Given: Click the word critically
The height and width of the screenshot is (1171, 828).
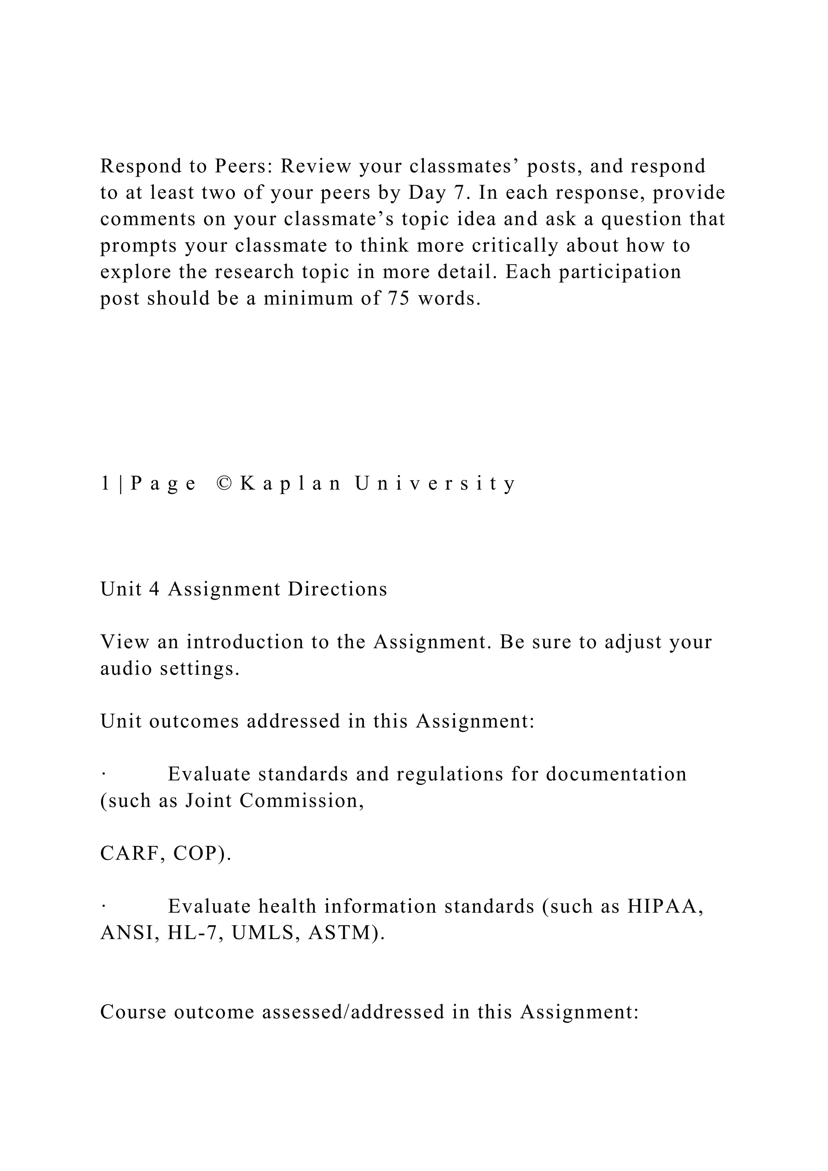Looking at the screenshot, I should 515,246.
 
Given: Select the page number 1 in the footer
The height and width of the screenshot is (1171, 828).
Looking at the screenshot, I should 105,483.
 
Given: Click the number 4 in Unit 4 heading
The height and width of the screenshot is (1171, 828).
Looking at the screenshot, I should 154,589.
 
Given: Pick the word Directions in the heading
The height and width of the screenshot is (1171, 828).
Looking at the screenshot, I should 338,589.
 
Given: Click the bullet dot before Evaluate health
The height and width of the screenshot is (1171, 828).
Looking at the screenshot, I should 103,906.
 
